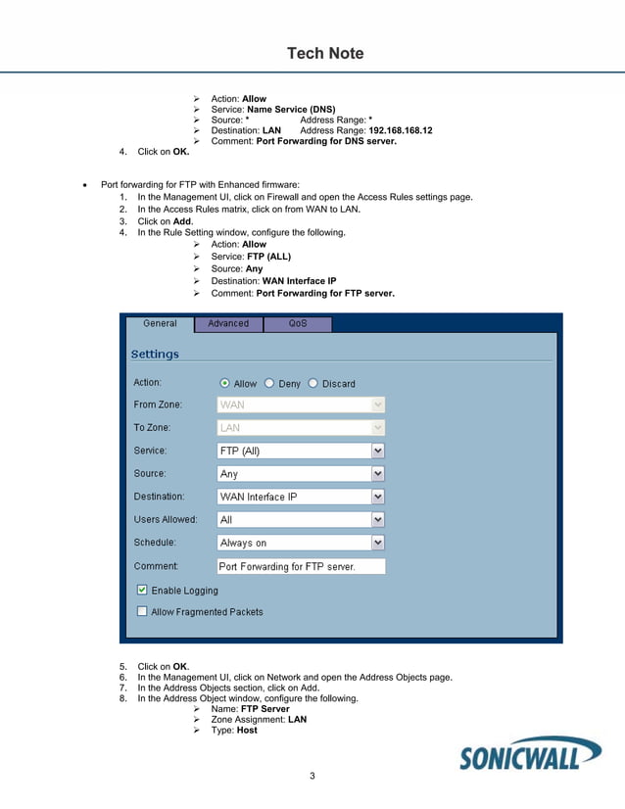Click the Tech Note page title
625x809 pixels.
tap(324, 54)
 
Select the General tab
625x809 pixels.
tap(160, 323)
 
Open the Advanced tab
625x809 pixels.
tap(228, 323)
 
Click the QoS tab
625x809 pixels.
tap(298, 323)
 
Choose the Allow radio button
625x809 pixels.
tap(225, 384)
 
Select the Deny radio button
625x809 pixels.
tap(269, 384)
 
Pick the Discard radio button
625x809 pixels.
tap(313, 384)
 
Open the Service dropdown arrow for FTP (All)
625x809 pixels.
tap(378, 452)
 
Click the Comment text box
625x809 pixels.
tap(301, 566)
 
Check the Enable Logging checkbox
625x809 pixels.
tap(142, 591)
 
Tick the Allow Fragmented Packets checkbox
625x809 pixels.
tap(142, 612)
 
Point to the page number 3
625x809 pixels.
tap(312, 777)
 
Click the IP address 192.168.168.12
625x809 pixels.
tap(401, 130)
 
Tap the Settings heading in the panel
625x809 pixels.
tap(155, 354)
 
